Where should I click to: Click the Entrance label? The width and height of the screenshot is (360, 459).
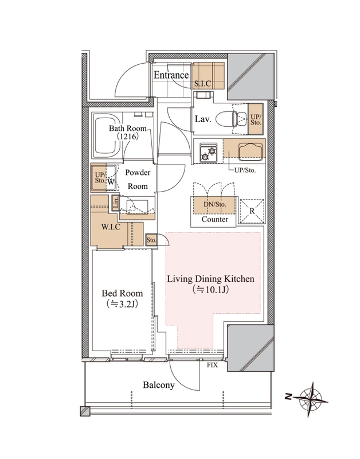point(171,75)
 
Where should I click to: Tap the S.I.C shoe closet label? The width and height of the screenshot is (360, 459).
point(203,84)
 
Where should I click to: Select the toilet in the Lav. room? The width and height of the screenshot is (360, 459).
point(231,119)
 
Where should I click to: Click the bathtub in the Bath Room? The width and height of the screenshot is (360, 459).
point(105,136)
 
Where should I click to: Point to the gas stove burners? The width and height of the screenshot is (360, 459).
point(208,152)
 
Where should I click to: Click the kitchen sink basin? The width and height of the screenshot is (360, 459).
point(250,151)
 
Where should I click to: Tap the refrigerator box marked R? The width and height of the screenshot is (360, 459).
point(252,211)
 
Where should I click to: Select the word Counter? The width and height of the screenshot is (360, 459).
point(215,219)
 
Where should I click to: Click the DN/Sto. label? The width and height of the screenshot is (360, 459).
point(214,204)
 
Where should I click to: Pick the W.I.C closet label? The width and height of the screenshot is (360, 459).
point(111,227)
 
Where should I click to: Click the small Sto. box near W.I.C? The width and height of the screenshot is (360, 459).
point(151,240)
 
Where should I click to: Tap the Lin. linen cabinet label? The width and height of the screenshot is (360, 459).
point(116,203)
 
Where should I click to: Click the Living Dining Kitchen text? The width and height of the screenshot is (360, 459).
point(210,279)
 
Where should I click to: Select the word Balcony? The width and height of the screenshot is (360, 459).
point(159,385)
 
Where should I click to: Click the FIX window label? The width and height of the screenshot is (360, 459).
point(212,365)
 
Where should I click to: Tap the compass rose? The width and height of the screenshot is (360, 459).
point(311,399)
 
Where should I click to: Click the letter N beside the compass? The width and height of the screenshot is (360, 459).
point(288,397)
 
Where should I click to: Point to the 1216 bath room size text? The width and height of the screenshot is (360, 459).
point(128,136)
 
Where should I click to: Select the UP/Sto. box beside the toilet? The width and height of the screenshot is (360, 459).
point(256,119)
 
